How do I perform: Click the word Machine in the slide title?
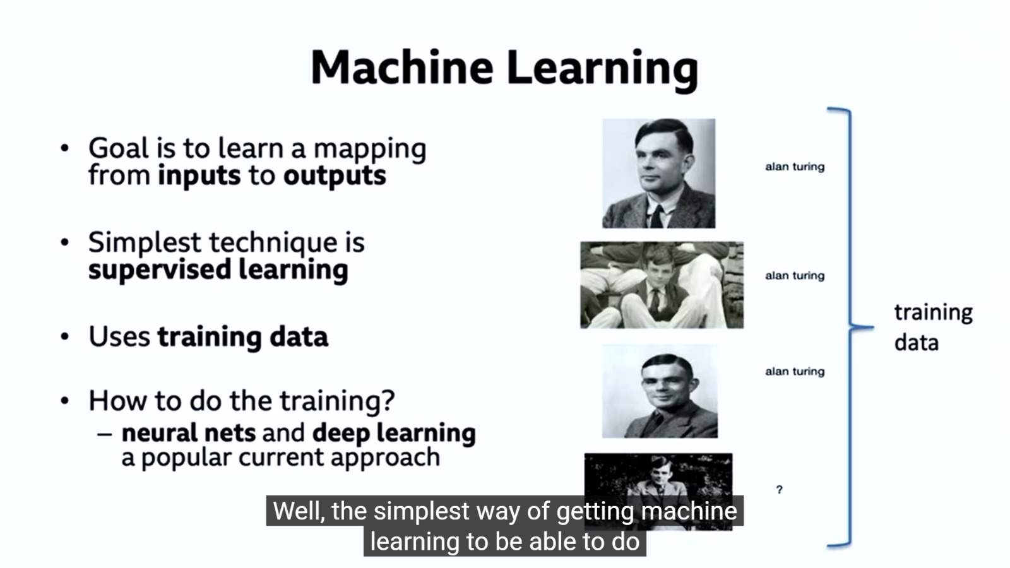point(401,68)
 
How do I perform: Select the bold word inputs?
point(199,176)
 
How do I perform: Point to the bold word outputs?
point(335,176)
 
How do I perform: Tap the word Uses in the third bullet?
point(119,337)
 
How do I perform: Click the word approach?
point(385,458)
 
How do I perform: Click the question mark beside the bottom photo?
point(779,490)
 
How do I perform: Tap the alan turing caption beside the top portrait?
point(795,167)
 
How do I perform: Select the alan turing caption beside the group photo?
point(795,275)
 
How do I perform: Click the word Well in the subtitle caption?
point(299,511)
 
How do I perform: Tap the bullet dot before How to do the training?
point(65,400)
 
